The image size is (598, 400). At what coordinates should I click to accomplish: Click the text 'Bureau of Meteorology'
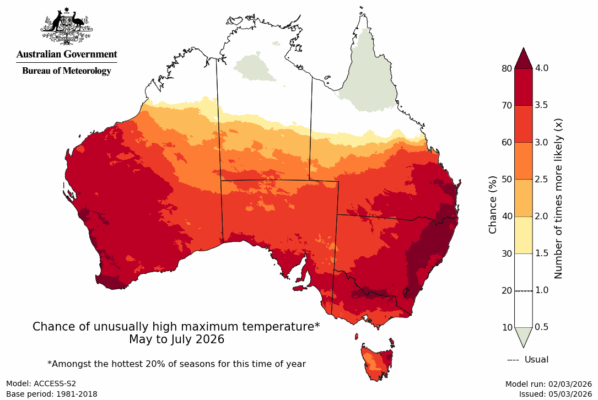(x=66, y=71)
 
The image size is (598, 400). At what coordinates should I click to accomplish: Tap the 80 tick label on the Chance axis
(x=506, y=68)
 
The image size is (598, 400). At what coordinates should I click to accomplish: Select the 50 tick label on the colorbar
(x=506, y=180)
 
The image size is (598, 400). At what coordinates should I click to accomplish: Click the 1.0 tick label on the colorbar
(x=542, y=290)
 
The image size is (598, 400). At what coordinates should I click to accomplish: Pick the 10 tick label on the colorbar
(x=506, y=328)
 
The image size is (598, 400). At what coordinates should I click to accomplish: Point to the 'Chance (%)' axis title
(x=493, y=204)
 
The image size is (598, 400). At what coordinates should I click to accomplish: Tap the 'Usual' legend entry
(x=528, y=360)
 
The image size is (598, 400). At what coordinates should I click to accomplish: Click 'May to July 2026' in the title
(x=176, y=339)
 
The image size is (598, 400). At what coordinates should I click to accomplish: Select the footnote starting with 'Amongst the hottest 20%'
(x=176, y=364)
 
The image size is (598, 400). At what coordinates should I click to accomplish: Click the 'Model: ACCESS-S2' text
(x=41, y=384)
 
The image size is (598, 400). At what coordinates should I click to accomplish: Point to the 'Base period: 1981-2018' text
(x=52, y=394)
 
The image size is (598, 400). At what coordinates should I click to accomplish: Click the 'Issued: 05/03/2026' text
(x=555, y=394)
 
